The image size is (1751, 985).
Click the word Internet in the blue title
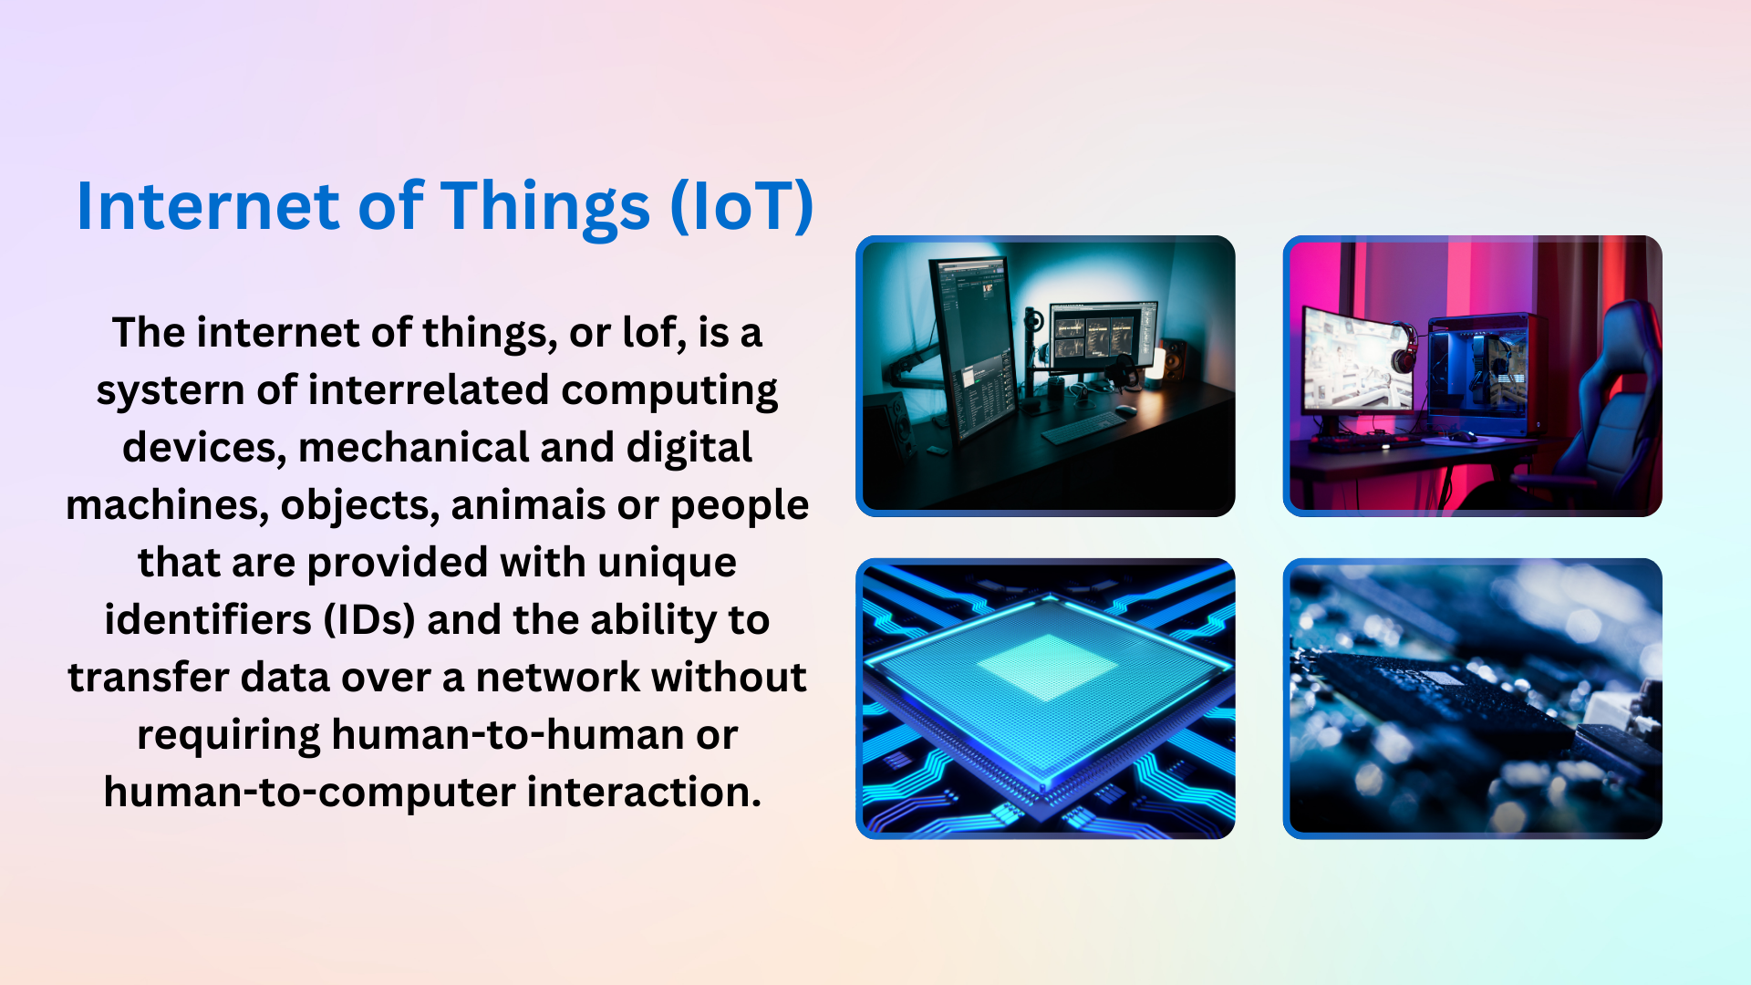pyautogui.click(x=208, y=206)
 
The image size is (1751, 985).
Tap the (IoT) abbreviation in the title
pyautogui.click(x=741, y=206)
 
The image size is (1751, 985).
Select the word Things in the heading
pyautogui.click(x=544, y=206)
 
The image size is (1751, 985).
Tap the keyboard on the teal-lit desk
pyautogui.click(x=1083, y=427)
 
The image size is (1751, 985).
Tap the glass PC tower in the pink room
pyautogui.click(x=1479, y=374)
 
